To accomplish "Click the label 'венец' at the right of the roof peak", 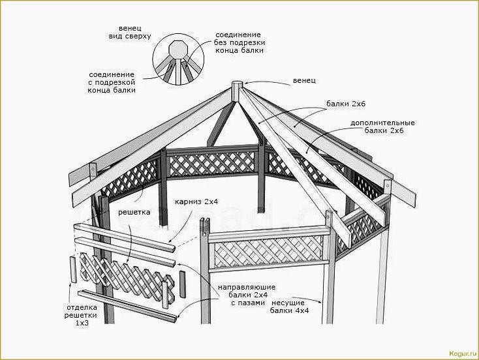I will point(304,80).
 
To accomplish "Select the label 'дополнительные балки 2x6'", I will point(382,127).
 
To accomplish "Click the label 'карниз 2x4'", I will point(196,202).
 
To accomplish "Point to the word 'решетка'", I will point(134,212).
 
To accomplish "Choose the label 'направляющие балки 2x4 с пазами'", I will point(247,295).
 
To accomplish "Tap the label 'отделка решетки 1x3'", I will point(82,314).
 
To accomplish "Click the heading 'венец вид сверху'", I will point(130,33).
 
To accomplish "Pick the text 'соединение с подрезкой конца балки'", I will point(112,82).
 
